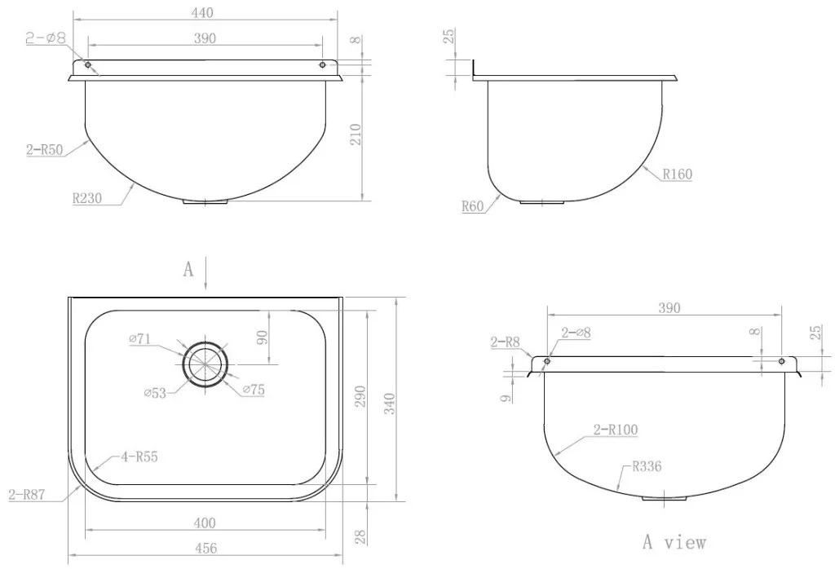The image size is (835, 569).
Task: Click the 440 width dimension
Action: tap(202, 13)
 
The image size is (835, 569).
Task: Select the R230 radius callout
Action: tap(86, 199)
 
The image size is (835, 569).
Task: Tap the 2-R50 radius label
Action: tap(45, 149)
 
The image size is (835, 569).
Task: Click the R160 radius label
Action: tap(678, 174)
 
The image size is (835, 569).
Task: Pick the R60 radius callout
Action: tap(473, 206)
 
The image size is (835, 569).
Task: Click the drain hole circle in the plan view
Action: tap(205, 364)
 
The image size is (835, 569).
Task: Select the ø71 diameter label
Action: tap(139, 338)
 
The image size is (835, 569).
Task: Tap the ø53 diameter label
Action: tap(155, 394)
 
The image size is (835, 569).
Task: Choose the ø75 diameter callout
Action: tap(254, 390)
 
